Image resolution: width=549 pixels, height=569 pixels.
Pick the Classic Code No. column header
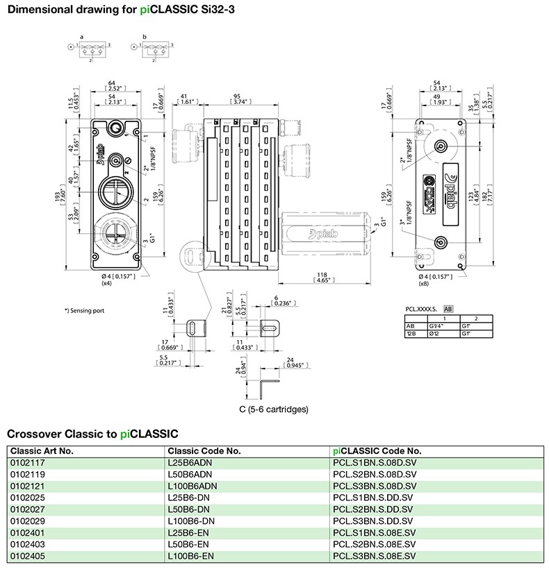pos(204,450)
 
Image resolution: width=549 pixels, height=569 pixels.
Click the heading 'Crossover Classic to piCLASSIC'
pos(92,434)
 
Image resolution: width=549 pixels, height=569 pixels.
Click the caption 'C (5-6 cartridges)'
pos(273,409)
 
